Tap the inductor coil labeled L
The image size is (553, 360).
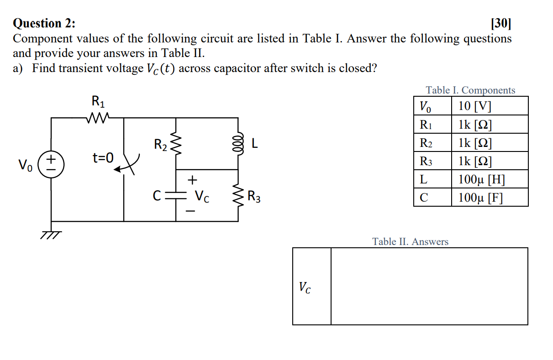[237, 144]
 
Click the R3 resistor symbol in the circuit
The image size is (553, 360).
[237, 197]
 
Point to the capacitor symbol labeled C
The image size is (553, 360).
[176, 197]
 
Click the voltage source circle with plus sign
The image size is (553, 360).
[51, 163]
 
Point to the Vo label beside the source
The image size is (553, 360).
[25, 164]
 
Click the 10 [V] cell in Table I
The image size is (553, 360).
[489, 106]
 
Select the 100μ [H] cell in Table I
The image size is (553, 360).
[489, 179]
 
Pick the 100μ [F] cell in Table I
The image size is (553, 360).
[489, 198]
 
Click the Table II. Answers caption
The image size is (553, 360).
[410, 241]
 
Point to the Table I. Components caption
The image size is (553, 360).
[470, 90]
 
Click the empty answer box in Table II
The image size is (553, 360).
[429, 286]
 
